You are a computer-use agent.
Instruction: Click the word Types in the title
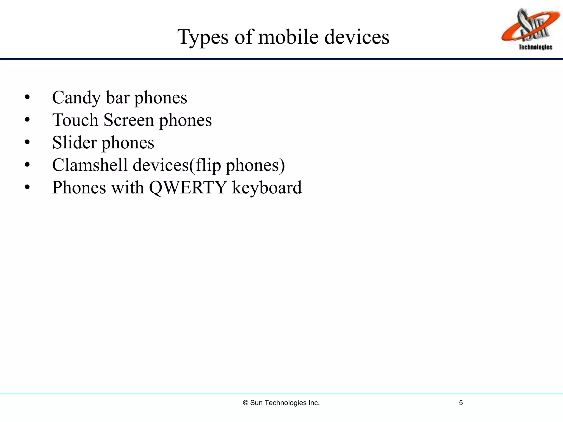(x=203, y=37)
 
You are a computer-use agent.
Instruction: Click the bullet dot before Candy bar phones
(x=27, y=97)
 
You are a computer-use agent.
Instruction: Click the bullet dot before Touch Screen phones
(x=27, y=120)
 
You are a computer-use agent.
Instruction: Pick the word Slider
(x=74, y=143)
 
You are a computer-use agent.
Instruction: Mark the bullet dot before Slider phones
(x=27, y=142)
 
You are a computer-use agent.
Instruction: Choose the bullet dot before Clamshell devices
(x=27, y=165)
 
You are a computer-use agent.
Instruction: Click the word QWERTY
(x=188, y=188)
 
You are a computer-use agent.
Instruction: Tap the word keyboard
(x=267, y=188)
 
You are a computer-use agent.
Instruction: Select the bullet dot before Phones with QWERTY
(x=27, y=187)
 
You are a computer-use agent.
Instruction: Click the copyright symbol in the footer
(x=246, y=403)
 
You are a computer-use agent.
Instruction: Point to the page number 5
(x=461, y=403)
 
